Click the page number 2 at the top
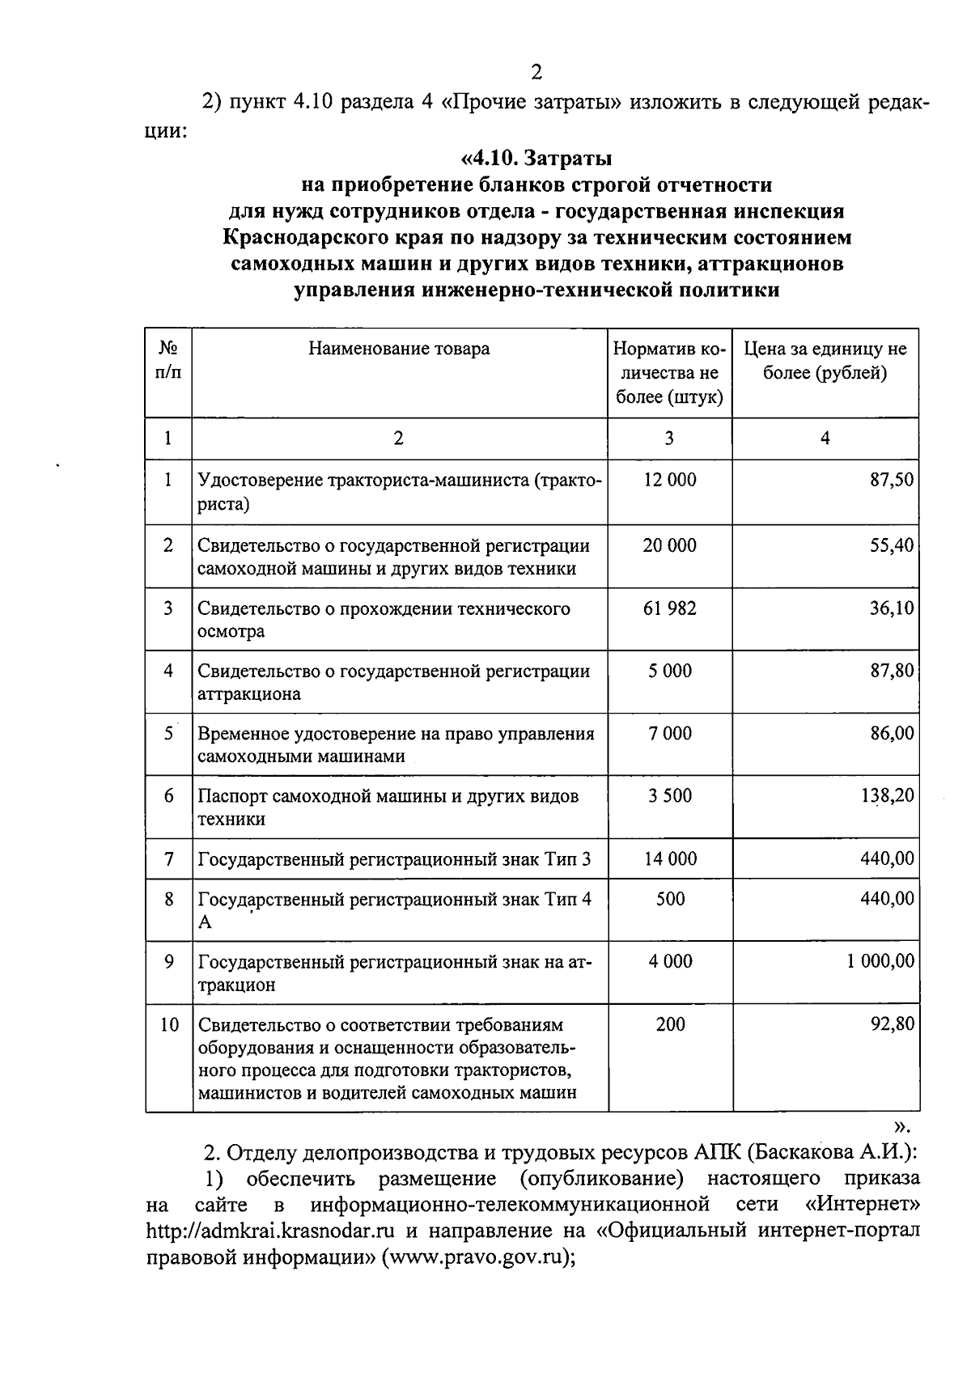pos(536,73)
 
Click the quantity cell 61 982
pos(669,608)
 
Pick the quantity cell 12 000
pos(669,480)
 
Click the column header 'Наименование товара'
pos(398,349)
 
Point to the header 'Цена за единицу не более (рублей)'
pos(825,361)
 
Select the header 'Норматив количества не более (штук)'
pos(669,373)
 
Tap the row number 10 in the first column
pos(168,1025)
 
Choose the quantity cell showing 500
pos(670,899)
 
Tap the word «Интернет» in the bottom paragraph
pos(863,1205)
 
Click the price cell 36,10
pos(892,608)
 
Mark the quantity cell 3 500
pos(669,796)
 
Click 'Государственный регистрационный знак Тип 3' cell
pos(394,859)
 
